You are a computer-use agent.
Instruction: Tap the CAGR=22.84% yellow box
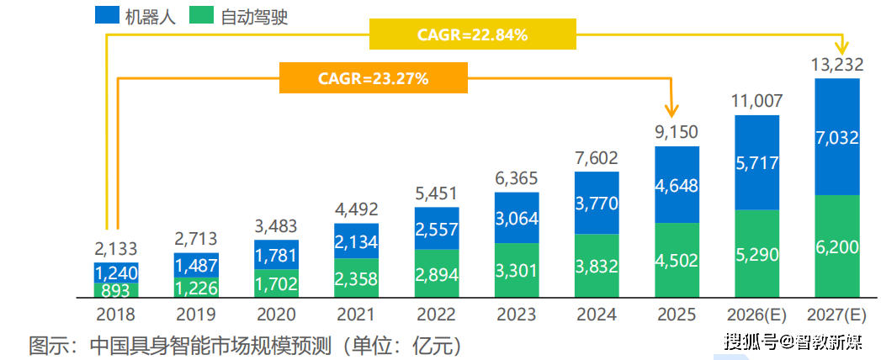click(x=472, y=35)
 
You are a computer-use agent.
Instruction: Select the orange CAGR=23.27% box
click(x=373, y=78)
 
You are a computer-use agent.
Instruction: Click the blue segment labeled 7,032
click(x=836, y=137)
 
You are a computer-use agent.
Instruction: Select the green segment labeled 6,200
click(x=836, y=246)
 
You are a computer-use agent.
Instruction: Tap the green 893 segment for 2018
click(x=116, y=290)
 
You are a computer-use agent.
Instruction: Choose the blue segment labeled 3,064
click(x=517, y=218)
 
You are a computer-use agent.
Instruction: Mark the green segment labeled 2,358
click(x=356, y=278)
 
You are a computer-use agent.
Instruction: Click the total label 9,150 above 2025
click(x=677, y=132)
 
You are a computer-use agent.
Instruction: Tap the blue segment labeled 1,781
click(x=276, y=254)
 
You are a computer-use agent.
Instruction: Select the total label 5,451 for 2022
click(x=436, y=193)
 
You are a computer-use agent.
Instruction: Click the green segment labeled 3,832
click(x=597, y=265)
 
